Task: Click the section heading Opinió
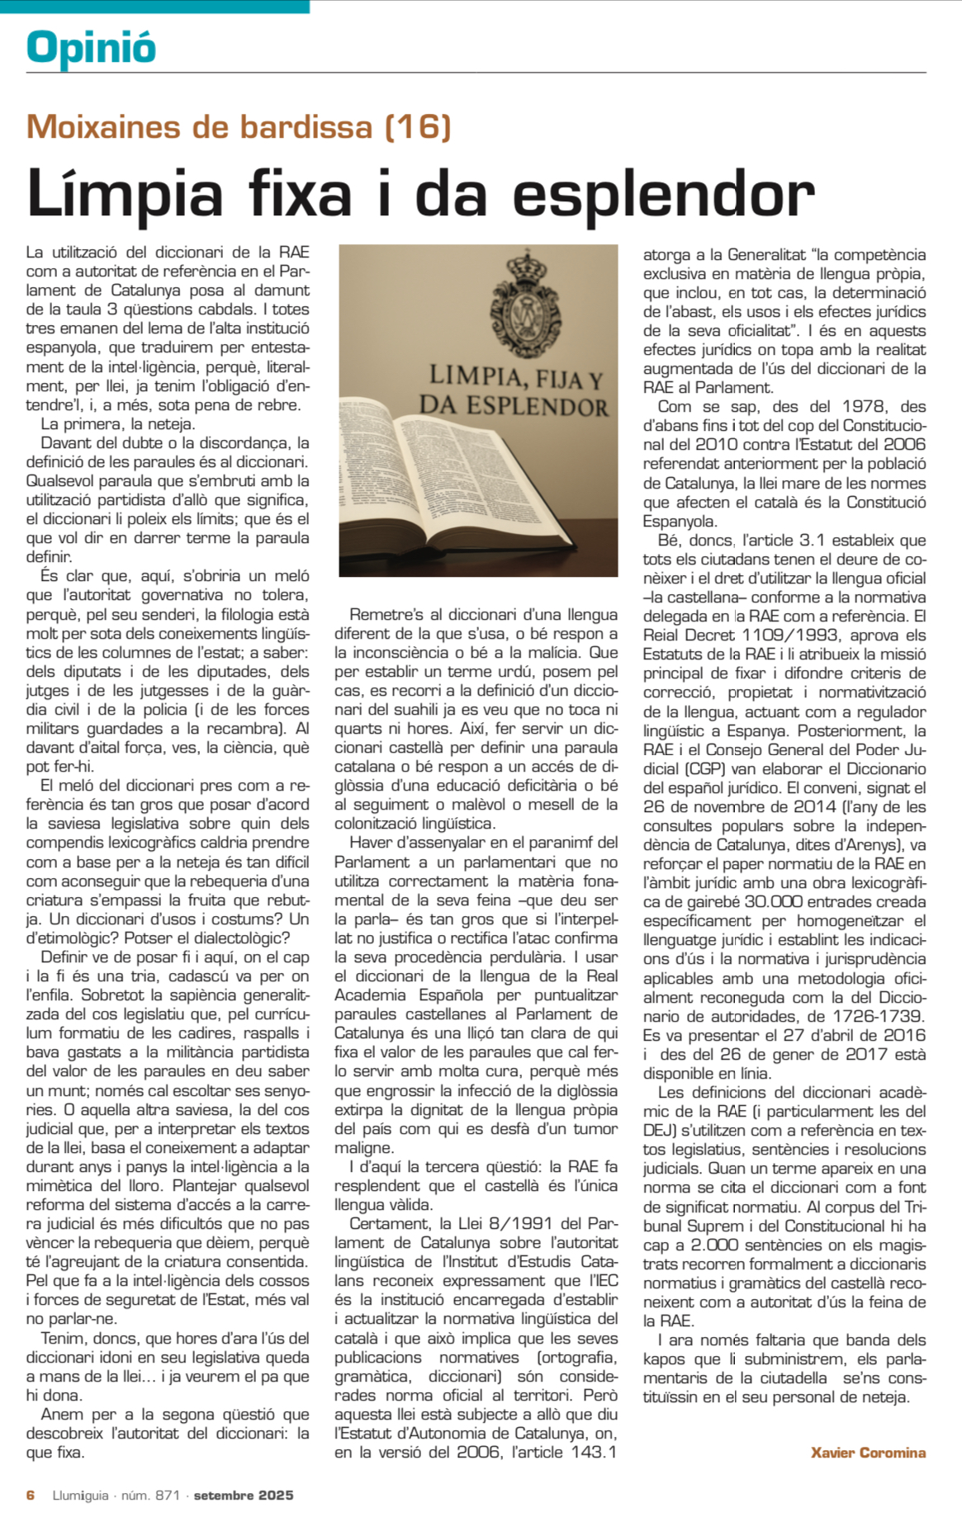coord(91,46)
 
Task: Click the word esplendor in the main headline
coord(664,196)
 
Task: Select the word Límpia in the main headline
coord(125,194)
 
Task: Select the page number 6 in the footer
coord(31,1496)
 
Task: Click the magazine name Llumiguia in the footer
coord(80,1496)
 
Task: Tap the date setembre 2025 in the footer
coord(244,1496)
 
